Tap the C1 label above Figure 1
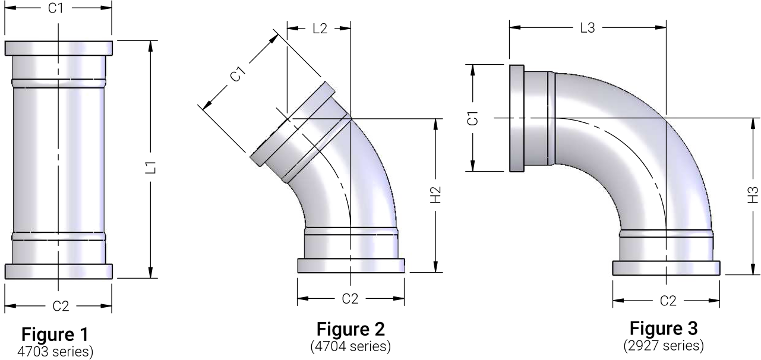pyautogui.click(x=56, y=8)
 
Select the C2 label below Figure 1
pyautogui.click(x=61, y=307)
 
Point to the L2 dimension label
pyautogui.click(x=320, y=29)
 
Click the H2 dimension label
pyautogui.click(x=436, y=195)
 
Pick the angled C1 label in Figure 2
pyautogui.click(x=238, y=74)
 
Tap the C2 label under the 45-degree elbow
pyautogui.click(x=350, y=299)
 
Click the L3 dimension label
pyautogui.click(x=588, y=28)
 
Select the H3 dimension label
pyautogui.click(x=753, y=195)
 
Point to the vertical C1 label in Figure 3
pyautogui.click(x=473, y=118)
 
